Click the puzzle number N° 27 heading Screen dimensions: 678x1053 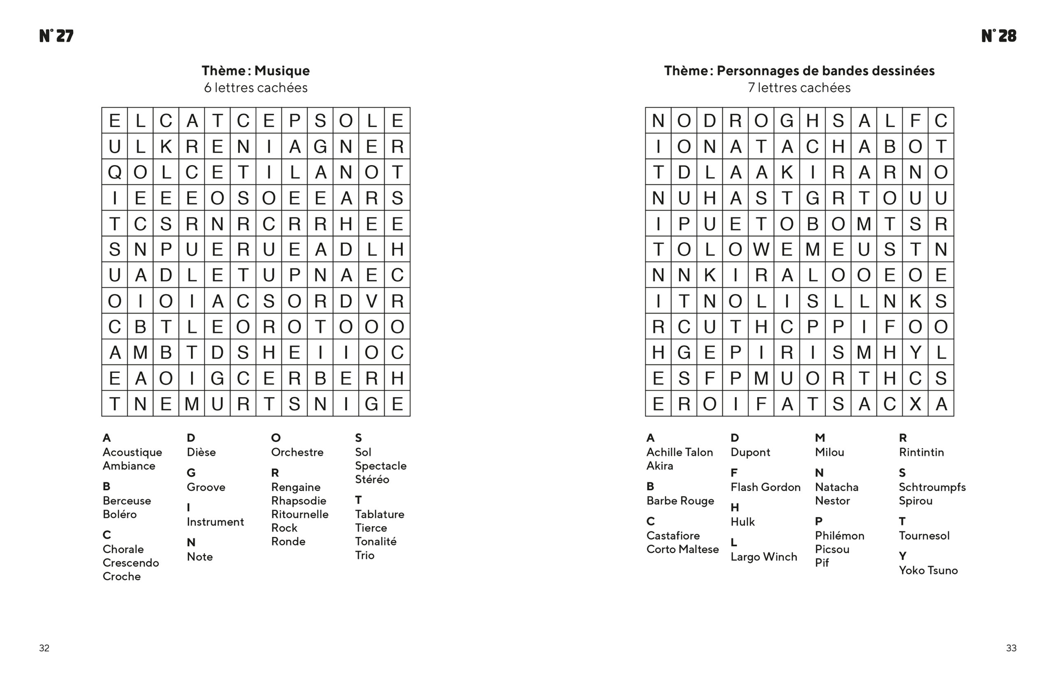pyautogui.click(x=56, y=36)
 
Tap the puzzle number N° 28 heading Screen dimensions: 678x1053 pyautogui.click(x=998, y=36)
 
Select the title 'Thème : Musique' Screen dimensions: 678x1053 pyautogui.click(x=255, y=70)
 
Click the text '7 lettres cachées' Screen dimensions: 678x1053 pyautogui.click(x=799, y=88)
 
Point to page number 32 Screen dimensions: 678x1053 pyautogui.click(x=44, y=648)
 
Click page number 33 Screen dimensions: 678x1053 pyautogui.click(x=1011, y=648)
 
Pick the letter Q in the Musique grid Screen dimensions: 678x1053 pyautogui.click(x=114, y=172)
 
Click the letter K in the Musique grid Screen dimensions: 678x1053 pyautogui.click(x=166, y=146)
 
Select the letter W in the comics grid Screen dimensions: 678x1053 pyautogui.click(x=761, y=249)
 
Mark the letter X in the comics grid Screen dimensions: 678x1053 pyautogui.click(x=915, y=404)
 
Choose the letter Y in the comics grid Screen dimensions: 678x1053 pyautogui.click(x=915, y=352)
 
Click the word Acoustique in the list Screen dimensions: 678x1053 pyautogui.click(x=132, y=452)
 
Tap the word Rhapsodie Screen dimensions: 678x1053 pyautogui.click(x=299, y=501)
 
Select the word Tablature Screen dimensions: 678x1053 pyautogui.click(x=380, y=514)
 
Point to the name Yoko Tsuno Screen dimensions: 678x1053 pyautogui.click(x=928, y=570)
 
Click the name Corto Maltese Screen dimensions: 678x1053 pyautogui.click(x=682, y=549)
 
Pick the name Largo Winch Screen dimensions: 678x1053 pyautogui.click(x=763, y=557)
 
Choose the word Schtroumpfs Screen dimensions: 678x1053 pyautogui.click(x=932, y=487)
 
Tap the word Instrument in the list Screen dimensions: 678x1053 pyautogui.click(x=215, y=522)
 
